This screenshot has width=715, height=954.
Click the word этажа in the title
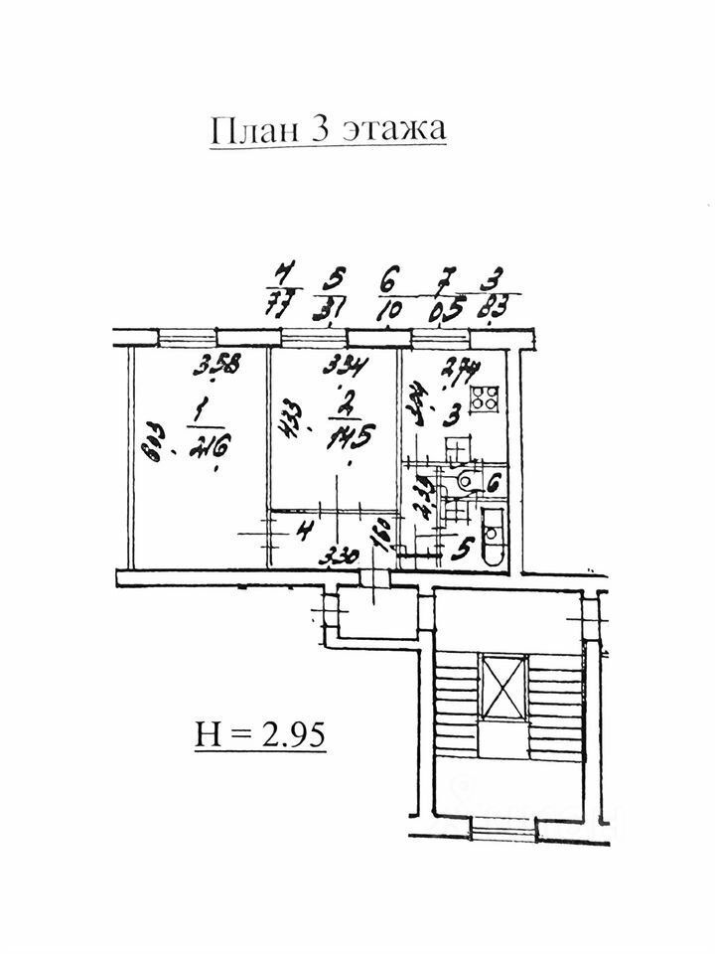(395, 131)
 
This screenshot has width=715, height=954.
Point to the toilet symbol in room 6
(463, 481)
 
